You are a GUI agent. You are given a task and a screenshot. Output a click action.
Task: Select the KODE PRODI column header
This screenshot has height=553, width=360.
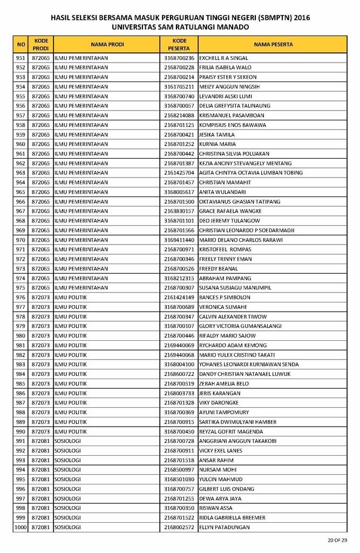point(41,44)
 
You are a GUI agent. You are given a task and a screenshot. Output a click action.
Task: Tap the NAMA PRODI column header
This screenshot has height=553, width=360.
point(107,44)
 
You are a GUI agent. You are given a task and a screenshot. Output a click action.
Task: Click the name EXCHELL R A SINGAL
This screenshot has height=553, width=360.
point(223,58)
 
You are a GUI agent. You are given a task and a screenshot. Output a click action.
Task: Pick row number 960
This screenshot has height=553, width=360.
point(21,144)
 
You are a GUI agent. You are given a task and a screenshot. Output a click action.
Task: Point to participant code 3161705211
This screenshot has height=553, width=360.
point(179,86)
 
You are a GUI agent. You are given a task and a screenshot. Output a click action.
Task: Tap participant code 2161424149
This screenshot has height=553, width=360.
point(179,298)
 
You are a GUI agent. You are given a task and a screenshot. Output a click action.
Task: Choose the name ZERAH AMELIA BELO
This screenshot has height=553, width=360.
point(224,383)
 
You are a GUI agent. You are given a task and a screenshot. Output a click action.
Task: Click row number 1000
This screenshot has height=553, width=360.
point(21,527)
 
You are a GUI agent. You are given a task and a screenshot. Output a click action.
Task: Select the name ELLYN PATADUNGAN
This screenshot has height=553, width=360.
point(225,527)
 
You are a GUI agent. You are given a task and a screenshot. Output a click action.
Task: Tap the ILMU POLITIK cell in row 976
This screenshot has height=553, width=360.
point(70,298)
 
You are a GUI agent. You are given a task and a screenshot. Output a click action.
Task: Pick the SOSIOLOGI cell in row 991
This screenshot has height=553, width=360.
point(67,441)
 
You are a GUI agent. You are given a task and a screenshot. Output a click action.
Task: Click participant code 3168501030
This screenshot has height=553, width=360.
point(179,480)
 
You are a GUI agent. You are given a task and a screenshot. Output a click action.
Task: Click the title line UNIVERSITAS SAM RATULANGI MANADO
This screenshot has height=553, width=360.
point(180,26)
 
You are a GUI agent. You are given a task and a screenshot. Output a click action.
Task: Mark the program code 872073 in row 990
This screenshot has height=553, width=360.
point(41,431)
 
